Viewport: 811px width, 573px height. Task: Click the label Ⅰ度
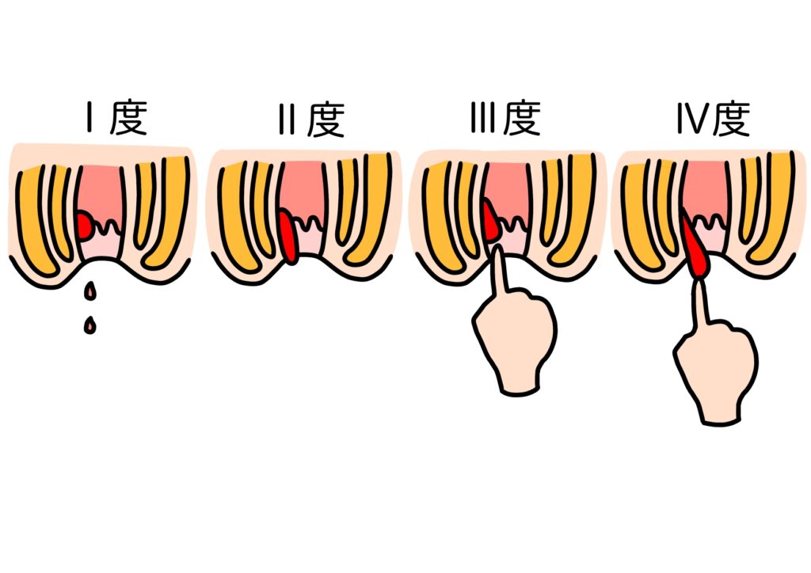tap(115, 120)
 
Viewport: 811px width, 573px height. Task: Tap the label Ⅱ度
tap(311, 120)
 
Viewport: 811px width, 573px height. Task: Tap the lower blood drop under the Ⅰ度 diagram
tap(90, 324)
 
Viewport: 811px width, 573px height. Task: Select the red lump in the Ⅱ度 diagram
tap(288, 235)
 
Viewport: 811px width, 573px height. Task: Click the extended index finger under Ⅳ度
tap(702, 305)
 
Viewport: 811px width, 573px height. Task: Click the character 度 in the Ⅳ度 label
tap(729, 119)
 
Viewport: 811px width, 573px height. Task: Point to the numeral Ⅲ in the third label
tap(481, 119)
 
